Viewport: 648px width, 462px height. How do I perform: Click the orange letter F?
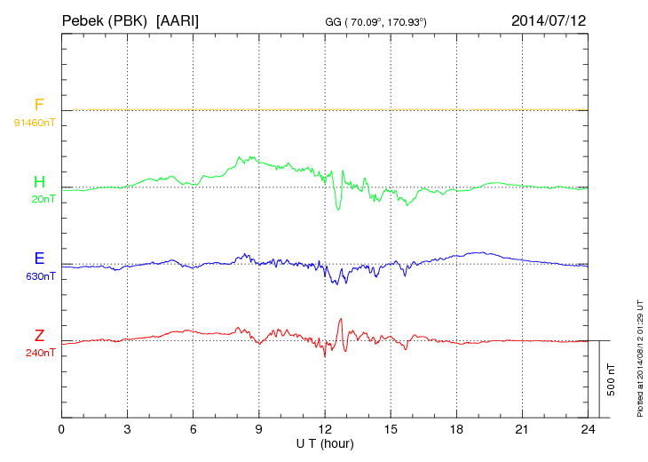pyautogui.click(x=39, y=106)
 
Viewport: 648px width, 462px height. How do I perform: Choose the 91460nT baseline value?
pyautogui.click(x=34, y=122)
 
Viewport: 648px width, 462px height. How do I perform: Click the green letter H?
pyautogui.click(x=39, y=182)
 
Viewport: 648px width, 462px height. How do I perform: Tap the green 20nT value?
pyautogui.click(x=41, y=199)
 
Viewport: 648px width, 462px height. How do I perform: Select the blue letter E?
pyautogui.click(x=39, y=259)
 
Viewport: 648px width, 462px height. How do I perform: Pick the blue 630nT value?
pyautogui.click(x=41, y=275)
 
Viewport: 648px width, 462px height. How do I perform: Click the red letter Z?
pyautogui.click(x=39, y=335)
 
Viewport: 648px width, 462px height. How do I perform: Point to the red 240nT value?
pyautogui.click(x=41, y=352)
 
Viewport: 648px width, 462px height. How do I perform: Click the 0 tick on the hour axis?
pyautogui.click(x=61, y=429)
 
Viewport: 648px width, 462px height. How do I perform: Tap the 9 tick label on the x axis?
pyautogui.click(x=259, y=429)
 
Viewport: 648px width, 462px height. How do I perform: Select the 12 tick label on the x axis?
pyautogui.click(x=325, y=429)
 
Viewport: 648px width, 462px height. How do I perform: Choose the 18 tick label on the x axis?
pyautogui.click(x=456, y=429)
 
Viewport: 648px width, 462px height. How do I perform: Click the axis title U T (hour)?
pyautogui.click(x=325, y=442)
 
